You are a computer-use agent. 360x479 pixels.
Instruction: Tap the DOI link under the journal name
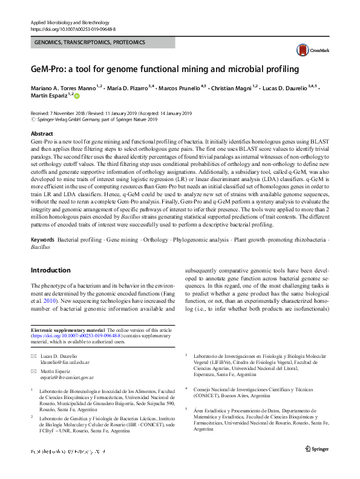click(73, 28)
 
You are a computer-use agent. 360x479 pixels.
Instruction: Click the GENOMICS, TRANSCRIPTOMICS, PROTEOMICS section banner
click(102, 44)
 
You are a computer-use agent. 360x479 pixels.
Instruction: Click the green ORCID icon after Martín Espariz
click(77, 96)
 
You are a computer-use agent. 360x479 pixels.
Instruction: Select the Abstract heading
click(42, 134)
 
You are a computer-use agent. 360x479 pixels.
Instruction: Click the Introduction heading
click(50, 270)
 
